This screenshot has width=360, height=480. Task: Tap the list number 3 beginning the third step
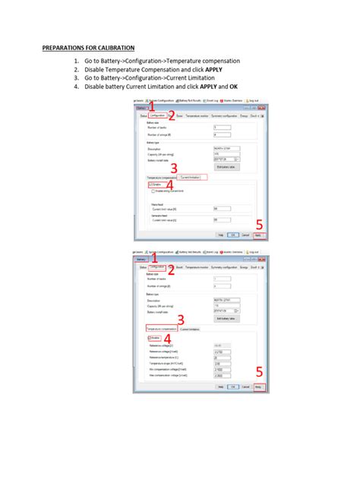[77, 77]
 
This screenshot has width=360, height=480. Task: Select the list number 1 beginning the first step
[77, 60]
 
